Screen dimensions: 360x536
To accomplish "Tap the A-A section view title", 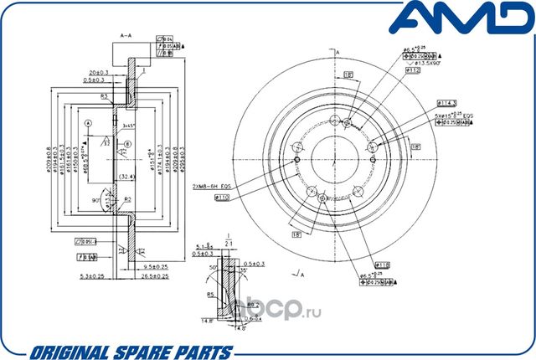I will click(127, 35).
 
